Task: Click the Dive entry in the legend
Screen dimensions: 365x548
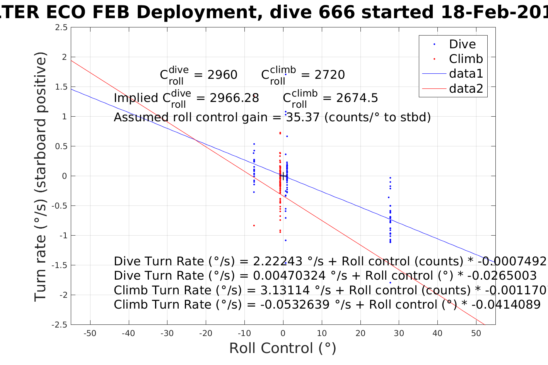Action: click(x=462, y=44)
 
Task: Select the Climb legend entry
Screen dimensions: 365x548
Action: click(x=466, y=59)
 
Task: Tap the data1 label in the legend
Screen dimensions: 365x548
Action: click(x=466, y=73)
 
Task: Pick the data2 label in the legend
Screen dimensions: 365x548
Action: click(x=466, y=88)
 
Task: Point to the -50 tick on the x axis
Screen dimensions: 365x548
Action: click(x=90, y=333)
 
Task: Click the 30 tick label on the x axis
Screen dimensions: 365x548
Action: click(x=399, y=333)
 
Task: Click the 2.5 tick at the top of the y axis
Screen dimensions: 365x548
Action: click(x=60, y=27)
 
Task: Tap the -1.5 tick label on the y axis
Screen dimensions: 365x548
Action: click(x=59, y=265)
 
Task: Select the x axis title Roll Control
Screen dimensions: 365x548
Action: click(x=283, y=348)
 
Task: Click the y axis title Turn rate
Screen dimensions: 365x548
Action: click(x=41, y=176)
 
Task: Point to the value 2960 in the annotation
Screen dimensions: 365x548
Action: click(x=222, y=75)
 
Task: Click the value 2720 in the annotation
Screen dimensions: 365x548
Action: click(x=329, y=75)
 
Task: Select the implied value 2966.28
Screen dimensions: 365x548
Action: click(x=234, y=98)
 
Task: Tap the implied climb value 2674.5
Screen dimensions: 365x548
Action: click(x=357, y=98)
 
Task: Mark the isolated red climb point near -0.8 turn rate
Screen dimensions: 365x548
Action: click(x=254, y=225)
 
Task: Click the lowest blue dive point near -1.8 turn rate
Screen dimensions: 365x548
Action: click(x=390, y=283)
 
